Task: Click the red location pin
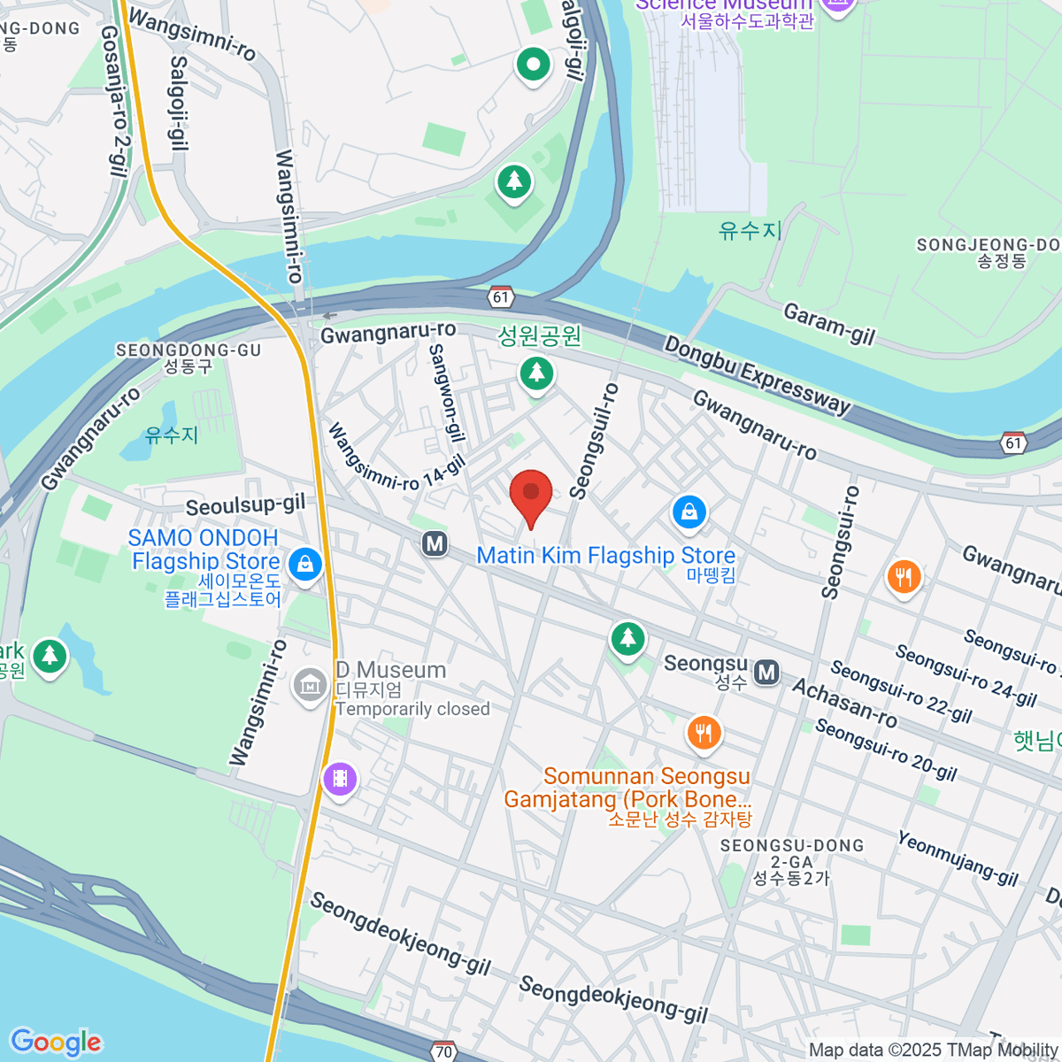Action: click(531, 494)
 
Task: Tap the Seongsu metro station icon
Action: click(767, 673)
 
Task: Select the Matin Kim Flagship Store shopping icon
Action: click(689, 512)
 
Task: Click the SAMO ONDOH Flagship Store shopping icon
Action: click(305, 563)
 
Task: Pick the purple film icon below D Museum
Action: click(340, 780)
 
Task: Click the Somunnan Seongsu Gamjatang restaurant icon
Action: click(704, 733)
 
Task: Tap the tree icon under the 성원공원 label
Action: click(535, 373)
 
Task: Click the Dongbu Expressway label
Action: click(758, 375)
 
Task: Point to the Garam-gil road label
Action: click(829, 324)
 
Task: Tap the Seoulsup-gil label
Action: click(245, 505)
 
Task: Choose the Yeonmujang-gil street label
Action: click(958, 858)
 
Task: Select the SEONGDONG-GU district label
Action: click(189, 350)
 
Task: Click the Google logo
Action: click(56, 1043)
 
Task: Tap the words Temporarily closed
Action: click(412, 709)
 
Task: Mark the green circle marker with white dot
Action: click(533, 65)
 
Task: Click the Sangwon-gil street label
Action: click(446, 393)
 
